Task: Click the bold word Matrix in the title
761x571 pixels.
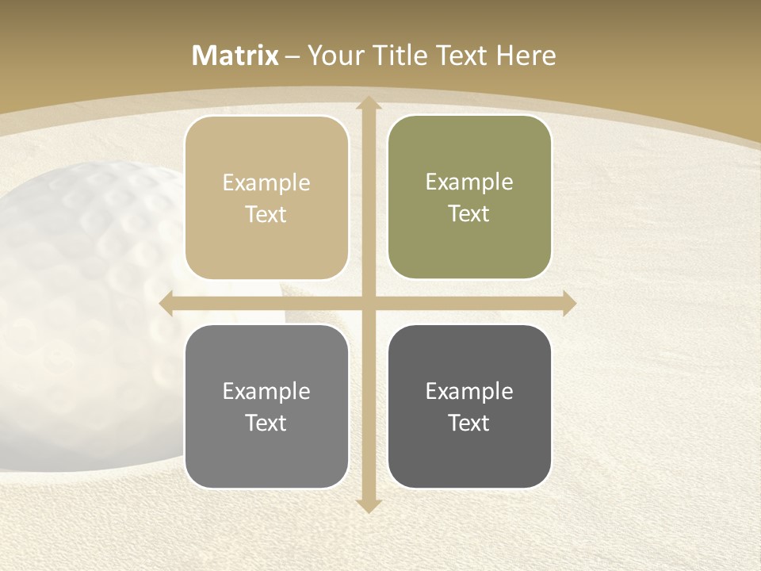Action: (235, 56)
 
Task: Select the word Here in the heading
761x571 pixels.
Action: (526, 56)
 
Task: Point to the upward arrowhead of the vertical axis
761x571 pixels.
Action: (368, 104)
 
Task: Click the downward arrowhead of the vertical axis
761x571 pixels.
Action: (368, 505)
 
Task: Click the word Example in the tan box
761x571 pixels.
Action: (266, 183)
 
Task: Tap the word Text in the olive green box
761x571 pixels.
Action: (469, 214)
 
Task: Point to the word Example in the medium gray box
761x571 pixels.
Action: (266, 392)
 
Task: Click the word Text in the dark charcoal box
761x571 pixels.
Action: (469, 423)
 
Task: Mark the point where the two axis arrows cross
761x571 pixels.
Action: (368, 304)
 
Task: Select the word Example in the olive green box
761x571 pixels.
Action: (469, 182)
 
